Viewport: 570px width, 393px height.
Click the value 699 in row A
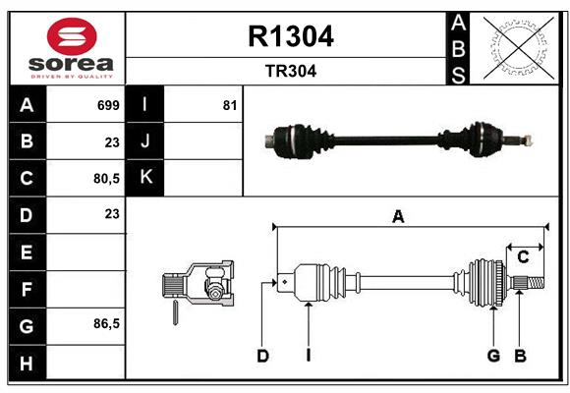pyautogui.click(x=107, y=104)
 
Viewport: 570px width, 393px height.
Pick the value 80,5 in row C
pyautogui.click(x=104, y=179)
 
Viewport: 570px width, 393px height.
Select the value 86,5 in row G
pyautogui.click(x=104, y=323)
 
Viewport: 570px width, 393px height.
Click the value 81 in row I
pyautogui.click(x=229, y=104)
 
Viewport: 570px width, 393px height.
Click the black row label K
pyautogui.click(x=145, y=177)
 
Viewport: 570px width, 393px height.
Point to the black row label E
pyautogui.click(x=27, y=253)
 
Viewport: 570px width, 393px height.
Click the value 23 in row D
pyautogui.click(x=111, y=213)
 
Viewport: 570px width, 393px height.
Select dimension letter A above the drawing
pyautogui.click(x=398, y=217)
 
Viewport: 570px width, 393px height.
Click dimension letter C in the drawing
pyautogui.click(x=523, y=256)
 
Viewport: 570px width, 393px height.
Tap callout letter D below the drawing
pyautogui.click(x=262, y=356)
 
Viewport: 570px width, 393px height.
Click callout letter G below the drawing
pyautogui.click(x=493, y=356)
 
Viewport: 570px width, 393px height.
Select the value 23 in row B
pyautogui.click(x=111, y=141)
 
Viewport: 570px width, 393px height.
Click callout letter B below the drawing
pyautogui.click(x=521, y=356)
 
